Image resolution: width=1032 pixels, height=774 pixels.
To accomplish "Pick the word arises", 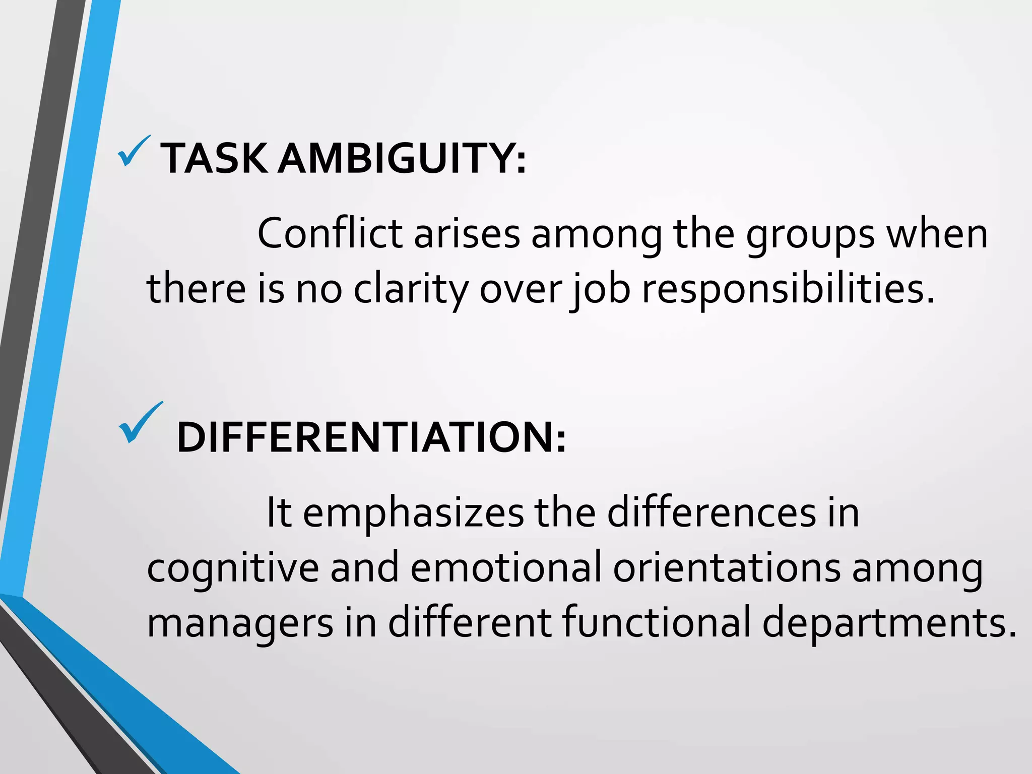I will click(x=467, y=234).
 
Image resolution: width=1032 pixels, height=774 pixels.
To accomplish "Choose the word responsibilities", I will click(x=788, y=290).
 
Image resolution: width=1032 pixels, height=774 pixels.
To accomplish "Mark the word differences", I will click(x=711, y=512).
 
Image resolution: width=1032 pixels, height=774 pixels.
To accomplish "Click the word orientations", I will click(x=727, y=567).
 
